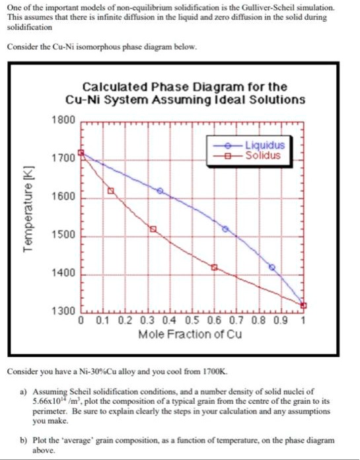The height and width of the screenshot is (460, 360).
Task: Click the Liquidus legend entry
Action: [264, 145]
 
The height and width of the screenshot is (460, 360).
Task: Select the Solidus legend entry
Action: [262, 155]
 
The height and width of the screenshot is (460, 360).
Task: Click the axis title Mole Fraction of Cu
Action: [190, 334]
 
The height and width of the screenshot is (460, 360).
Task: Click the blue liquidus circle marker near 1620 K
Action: [160, 190]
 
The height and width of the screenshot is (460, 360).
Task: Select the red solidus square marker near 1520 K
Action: [153, 229]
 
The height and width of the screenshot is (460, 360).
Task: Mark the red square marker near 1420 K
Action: [214, 267]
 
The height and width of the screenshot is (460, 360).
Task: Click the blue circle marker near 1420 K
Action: [271, 267]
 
